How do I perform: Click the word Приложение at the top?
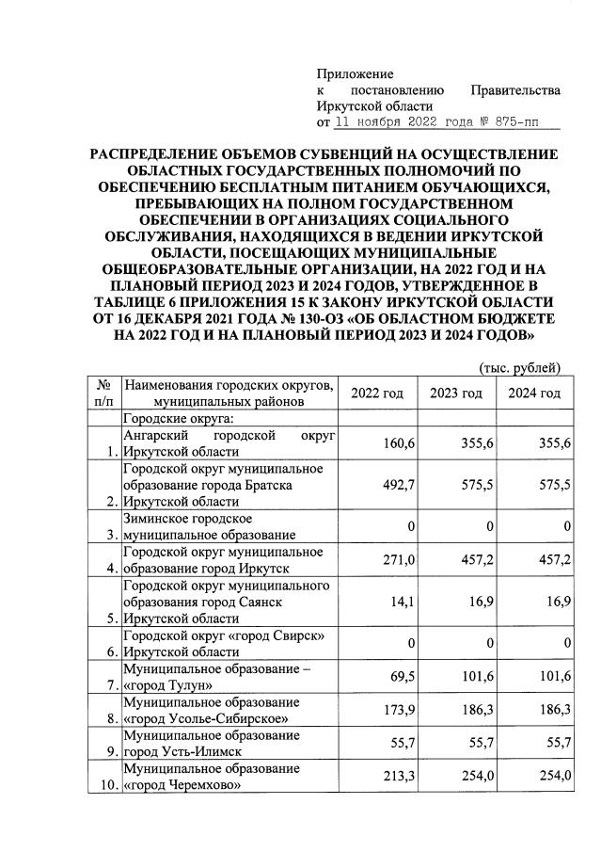tap(355, 73)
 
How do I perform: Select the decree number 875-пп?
tap(526, 122)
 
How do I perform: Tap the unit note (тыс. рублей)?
tap(520, 366)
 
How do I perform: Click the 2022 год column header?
tap(376, 393)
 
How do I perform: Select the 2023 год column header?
tap(455, 393)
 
